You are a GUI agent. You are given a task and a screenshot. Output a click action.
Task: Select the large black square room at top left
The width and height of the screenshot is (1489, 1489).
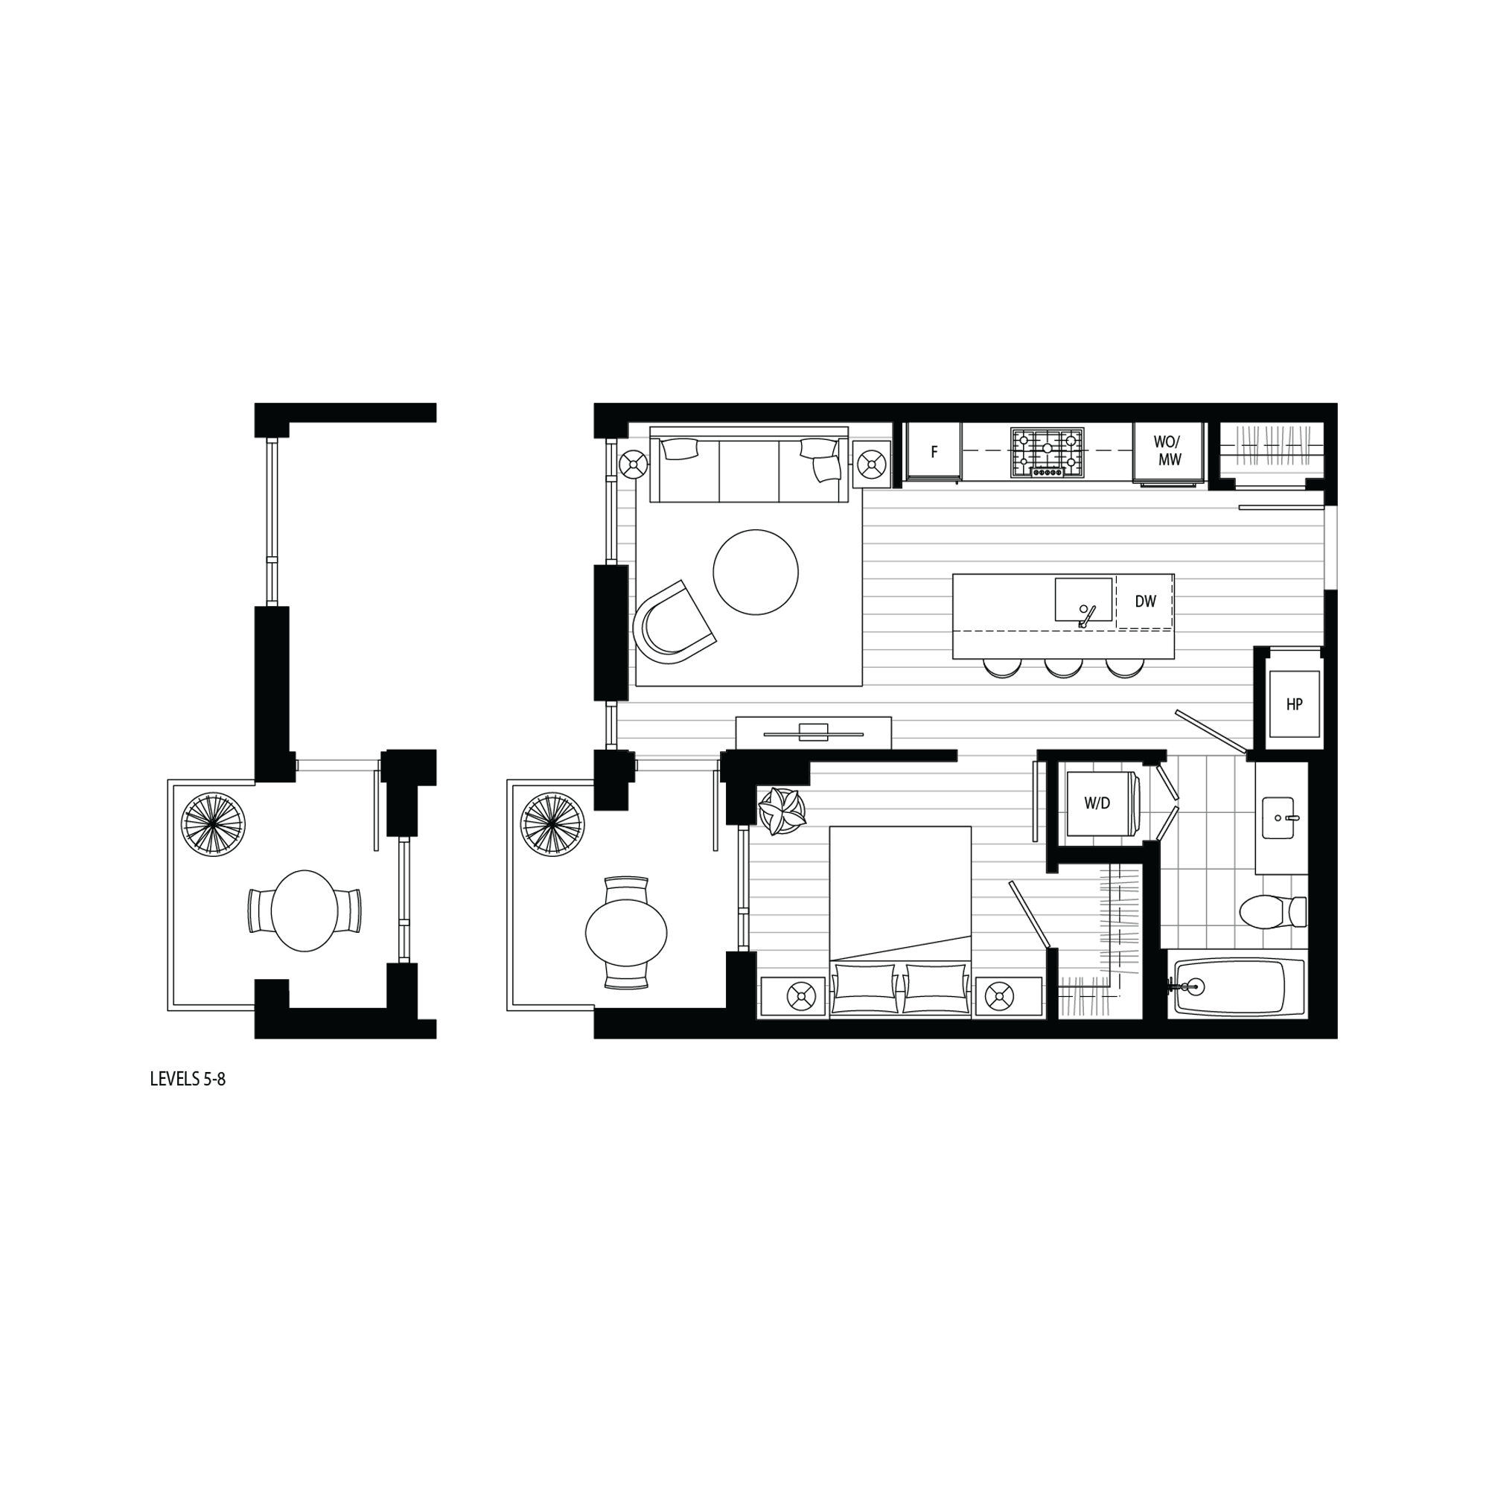tap(744, 555)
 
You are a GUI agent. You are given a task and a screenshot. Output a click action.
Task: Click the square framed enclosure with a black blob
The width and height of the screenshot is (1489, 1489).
tap(1100, 805)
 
